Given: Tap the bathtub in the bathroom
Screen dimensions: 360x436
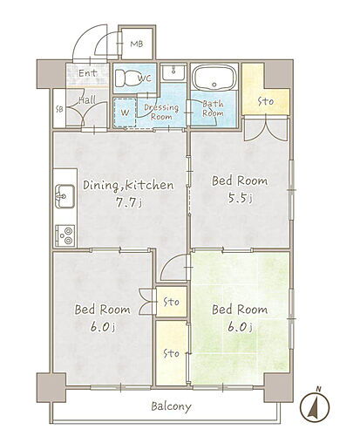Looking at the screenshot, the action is tap(214, 77).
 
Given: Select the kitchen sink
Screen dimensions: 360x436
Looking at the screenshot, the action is tap(65, 196).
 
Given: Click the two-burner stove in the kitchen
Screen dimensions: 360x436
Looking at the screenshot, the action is tap(65, 235).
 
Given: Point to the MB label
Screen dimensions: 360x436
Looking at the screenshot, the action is tap(136, 44).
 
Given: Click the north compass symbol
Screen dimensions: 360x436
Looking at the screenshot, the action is tap(315, 405).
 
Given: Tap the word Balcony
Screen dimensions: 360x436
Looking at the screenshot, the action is tap(171, 406).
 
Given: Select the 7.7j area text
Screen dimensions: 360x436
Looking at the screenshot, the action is tap(129, 203).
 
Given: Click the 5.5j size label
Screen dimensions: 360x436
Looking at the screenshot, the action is tap(240, 198).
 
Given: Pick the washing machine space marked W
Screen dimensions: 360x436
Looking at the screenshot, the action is tap(125, 112).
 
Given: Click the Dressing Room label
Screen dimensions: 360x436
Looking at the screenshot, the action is tap(161, 112).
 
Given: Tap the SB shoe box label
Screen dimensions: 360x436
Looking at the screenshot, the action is tap(59, 109).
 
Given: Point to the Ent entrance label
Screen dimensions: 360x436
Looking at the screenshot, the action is tap(88, 73).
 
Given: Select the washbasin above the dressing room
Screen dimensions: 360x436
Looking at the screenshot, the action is tap(173, 72).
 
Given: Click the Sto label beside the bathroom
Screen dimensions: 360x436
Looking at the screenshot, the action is tap(266, 101).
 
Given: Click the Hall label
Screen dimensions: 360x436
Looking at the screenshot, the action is tap(87, 100).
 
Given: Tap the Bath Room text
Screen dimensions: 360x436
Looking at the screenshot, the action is tap(213, 108).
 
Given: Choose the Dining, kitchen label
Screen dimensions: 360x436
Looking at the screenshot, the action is tap(128, 185).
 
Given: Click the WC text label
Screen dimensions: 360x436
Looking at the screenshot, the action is tap(145, 78).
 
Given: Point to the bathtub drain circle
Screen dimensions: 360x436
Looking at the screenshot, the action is tap(214, 85).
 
